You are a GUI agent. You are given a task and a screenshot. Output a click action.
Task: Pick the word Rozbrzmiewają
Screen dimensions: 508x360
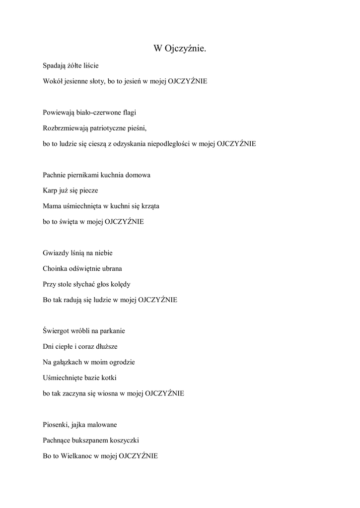pos(65,128)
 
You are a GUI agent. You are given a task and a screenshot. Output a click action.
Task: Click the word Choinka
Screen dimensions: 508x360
pos(56,269)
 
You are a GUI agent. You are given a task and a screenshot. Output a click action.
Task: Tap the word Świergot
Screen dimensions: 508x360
pos(58,331)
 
